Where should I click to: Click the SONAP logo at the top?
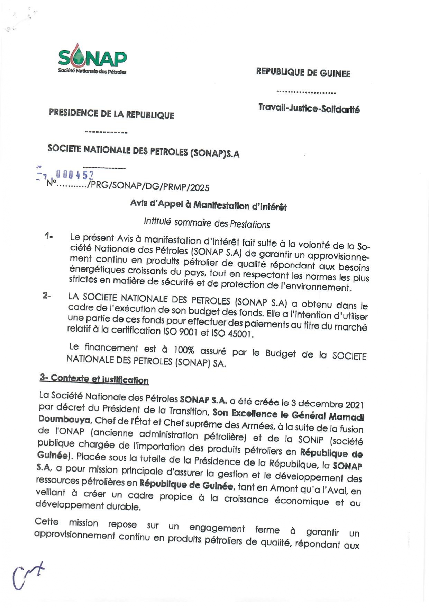tap(92, 59)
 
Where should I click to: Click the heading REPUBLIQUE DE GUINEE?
tap(303, 72)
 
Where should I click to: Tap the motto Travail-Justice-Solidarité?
tap(309, 108)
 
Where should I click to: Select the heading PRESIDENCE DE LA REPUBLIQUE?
tap(111, 114)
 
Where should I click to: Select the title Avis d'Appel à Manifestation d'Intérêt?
tap(208, 205)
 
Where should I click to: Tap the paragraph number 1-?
tap(48, 237)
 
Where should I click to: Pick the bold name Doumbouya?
tap(64, 419)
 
